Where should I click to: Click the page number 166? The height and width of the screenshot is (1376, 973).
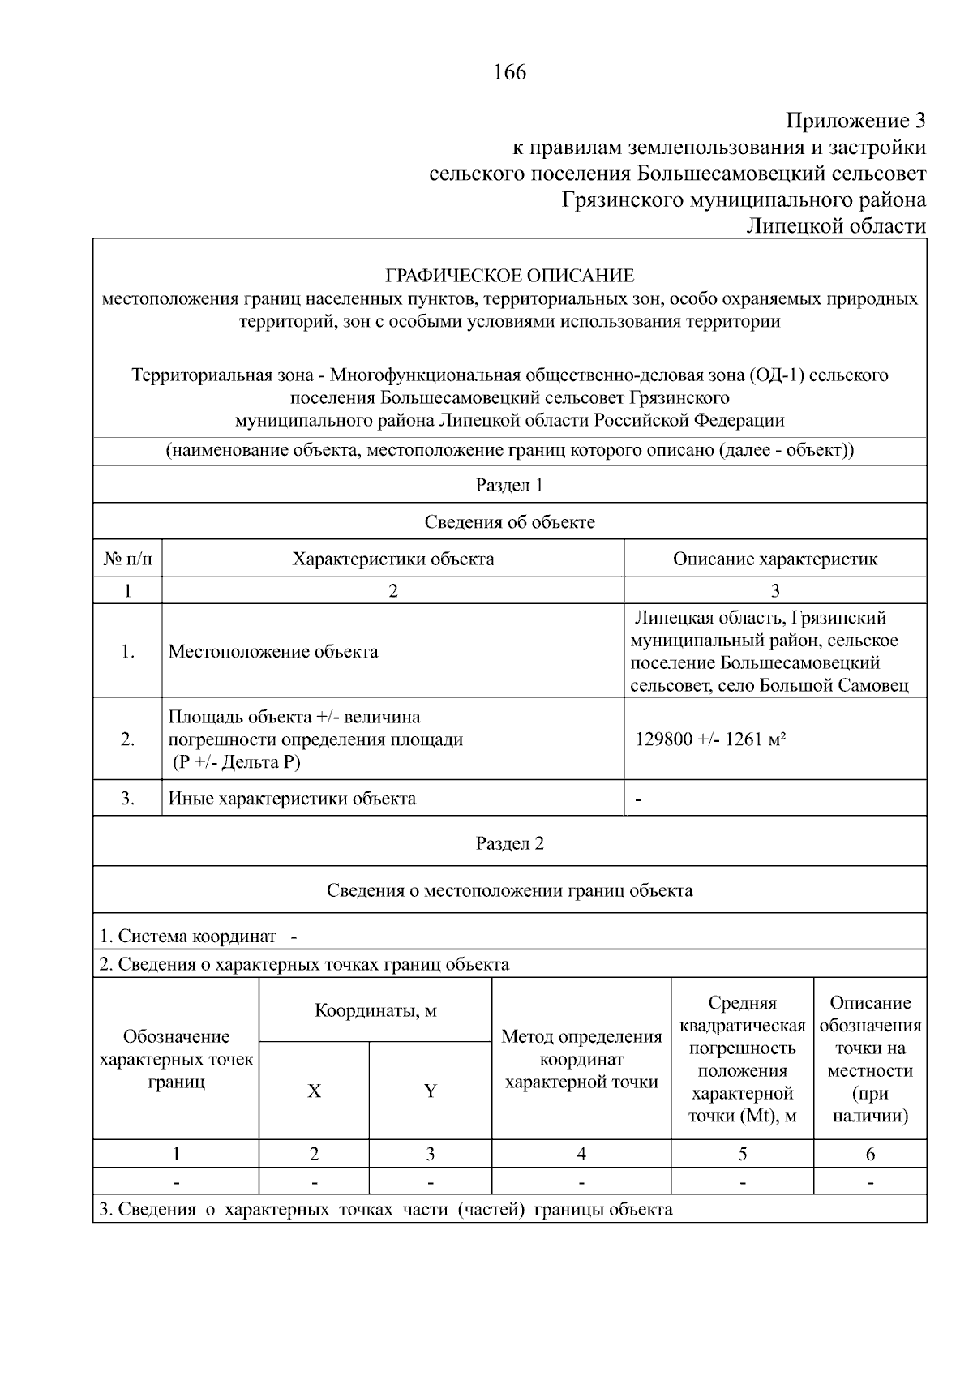tap(509, 72)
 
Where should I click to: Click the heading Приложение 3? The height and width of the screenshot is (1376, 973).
tap(855, 121)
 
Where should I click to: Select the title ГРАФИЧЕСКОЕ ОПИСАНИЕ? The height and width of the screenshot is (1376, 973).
tap(509, 276)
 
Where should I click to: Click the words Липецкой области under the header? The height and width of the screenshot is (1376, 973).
tap(835, 226)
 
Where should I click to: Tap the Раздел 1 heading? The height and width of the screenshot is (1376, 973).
tap(509, 485)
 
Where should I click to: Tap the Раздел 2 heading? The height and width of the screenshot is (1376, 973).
tap(509, 843)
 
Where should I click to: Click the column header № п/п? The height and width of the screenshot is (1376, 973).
tap(127, 559)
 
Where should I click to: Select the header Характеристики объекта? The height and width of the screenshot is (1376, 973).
tap(392, 559)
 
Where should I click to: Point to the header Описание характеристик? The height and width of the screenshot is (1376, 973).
tap(774, 559)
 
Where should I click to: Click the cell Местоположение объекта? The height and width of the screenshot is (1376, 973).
tap(272, 651)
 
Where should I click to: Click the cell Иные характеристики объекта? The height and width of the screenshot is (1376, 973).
tap(292, 798)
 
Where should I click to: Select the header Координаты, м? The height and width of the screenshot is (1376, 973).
tap(375, 1010)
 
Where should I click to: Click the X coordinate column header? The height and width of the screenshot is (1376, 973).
tap(314, 1091)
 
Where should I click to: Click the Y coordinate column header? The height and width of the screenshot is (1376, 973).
tap(430, 1091)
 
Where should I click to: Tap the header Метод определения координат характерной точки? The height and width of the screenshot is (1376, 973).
tap(581, 1059)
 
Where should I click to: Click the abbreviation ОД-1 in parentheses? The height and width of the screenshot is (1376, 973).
tap(778, 375)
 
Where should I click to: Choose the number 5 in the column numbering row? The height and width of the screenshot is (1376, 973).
tap(742, 1154)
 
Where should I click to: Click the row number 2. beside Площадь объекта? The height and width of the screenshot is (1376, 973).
tap(127, 739)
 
